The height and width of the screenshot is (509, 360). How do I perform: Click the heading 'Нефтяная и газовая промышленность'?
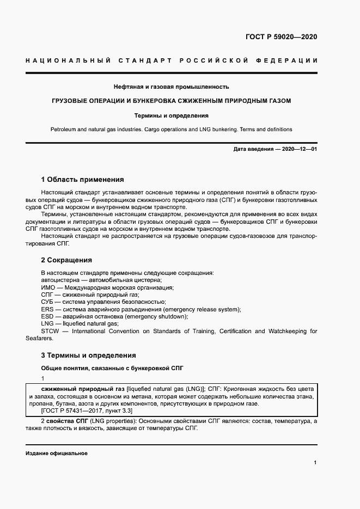pyautogui.click(x=171, y=87)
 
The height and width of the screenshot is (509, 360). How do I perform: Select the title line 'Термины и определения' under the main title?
pyautogui.click(x=171, y=115)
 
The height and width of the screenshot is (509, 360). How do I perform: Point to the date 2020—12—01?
pyautogui.click(x=298, y=149)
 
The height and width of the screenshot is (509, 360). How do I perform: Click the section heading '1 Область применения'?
pyautogui.click(x=83, y=179)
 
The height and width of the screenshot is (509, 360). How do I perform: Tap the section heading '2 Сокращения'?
pyautogui.click(x=66, y=260)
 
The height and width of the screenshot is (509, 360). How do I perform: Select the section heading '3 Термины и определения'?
pyautogui.click(x=89, y=355)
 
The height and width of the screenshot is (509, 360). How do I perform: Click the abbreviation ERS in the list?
pyautogui.click(x=47, y=309)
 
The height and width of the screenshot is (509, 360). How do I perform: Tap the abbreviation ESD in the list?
pyautogui.click(x=47, y=316)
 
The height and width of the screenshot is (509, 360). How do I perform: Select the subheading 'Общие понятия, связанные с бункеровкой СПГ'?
pyautogui.click(x=112, y=368)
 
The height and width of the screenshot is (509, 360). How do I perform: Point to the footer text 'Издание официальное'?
pyautogui.click(x=56, y=453)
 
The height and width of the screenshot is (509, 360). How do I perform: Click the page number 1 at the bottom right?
pyautogui.click(x=315, y=462)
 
